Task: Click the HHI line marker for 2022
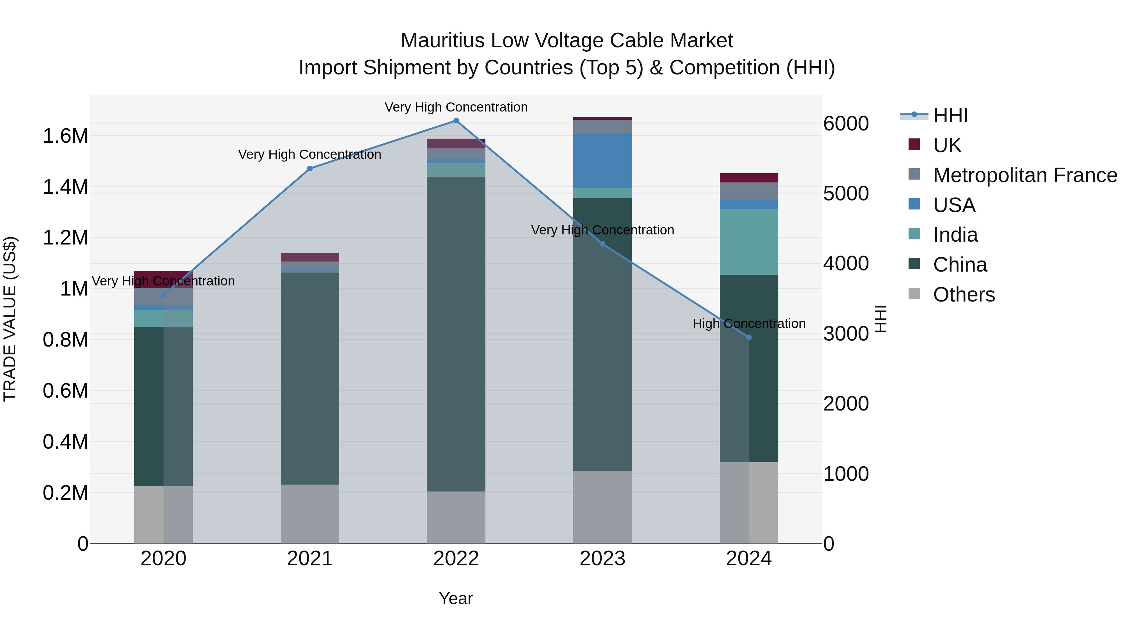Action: pos(456,121)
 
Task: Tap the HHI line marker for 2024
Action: pos(749,337)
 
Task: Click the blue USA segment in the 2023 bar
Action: pos(602,161)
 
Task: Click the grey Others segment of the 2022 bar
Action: pos(456,517)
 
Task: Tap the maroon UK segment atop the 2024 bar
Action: pos(749,178)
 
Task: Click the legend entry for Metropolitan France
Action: pos(1025,175)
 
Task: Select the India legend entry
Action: pos(955,235)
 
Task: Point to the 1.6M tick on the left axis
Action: pos(66,136)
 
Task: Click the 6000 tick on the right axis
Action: pos(846,124)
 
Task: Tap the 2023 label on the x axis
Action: pos(602,559)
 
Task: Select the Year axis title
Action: pos(455,598)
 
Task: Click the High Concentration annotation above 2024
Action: pos(749,324)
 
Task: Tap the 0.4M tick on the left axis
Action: pos(66,442)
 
